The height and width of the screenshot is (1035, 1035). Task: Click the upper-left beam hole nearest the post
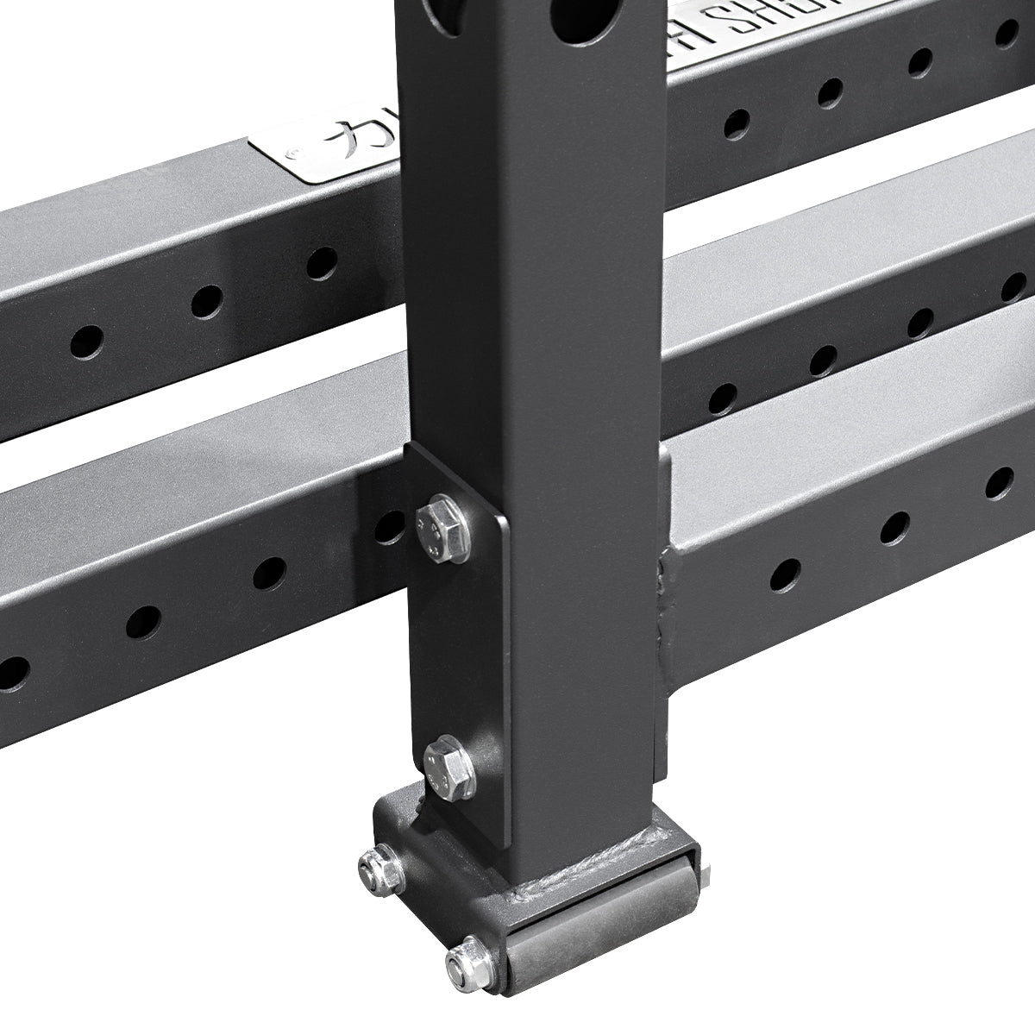[x=322, y=262]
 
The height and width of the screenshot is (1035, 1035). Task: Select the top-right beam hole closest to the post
[x=736, y=123]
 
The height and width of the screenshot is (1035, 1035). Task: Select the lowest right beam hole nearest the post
[x=786, y=573]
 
